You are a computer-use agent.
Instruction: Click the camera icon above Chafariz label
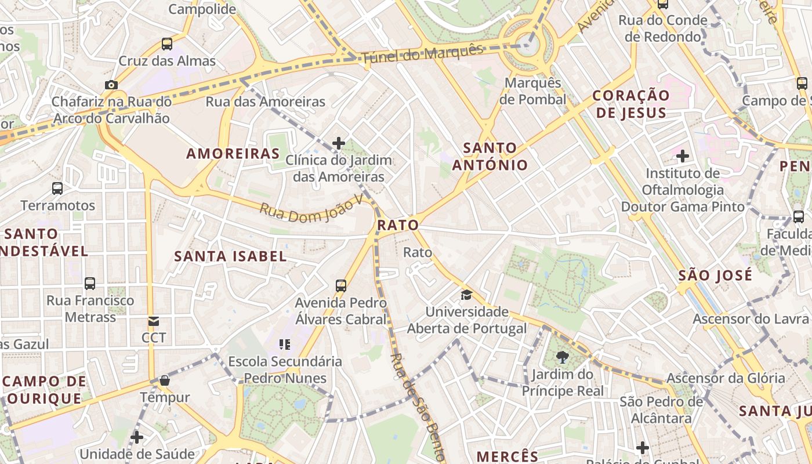click(x=111, y=85)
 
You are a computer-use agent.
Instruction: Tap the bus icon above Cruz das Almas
click(x=167, y=43)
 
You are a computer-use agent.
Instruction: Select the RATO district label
click(x=398, y=225)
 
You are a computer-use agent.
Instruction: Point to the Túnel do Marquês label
click(x=422, y=54)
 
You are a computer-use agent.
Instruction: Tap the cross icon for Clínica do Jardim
click(x=339, y=143)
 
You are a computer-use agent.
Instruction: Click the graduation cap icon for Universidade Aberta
click(x=466, y=295)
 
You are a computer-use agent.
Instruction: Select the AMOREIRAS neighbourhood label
click(x=233, y=154)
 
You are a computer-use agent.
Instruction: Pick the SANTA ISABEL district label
click(x=231, y=256)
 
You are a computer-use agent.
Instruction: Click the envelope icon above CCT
click(x=154, y=321)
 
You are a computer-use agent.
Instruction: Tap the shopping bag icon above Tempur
click(x=165, y=380)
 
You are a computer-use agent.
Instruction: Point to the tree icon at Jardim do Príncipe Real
click(x=562, y=357)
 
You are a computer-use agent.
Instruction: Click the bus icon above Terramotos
click(x=57, y=188)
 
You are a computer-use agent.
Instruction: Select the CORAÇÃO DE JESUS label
click(x=631, y=104)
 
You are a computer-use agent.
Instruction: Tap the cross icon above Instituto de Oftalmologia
click(x=683, y=155)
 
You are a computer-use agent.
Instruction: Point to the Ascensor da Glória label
click(x=725, y=378)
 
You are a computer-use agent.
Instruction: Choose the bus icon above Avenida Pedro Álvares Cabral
click(x=341, y=285)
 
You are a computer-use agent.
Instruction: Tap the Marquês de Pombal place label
click(x=532, y=91)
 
